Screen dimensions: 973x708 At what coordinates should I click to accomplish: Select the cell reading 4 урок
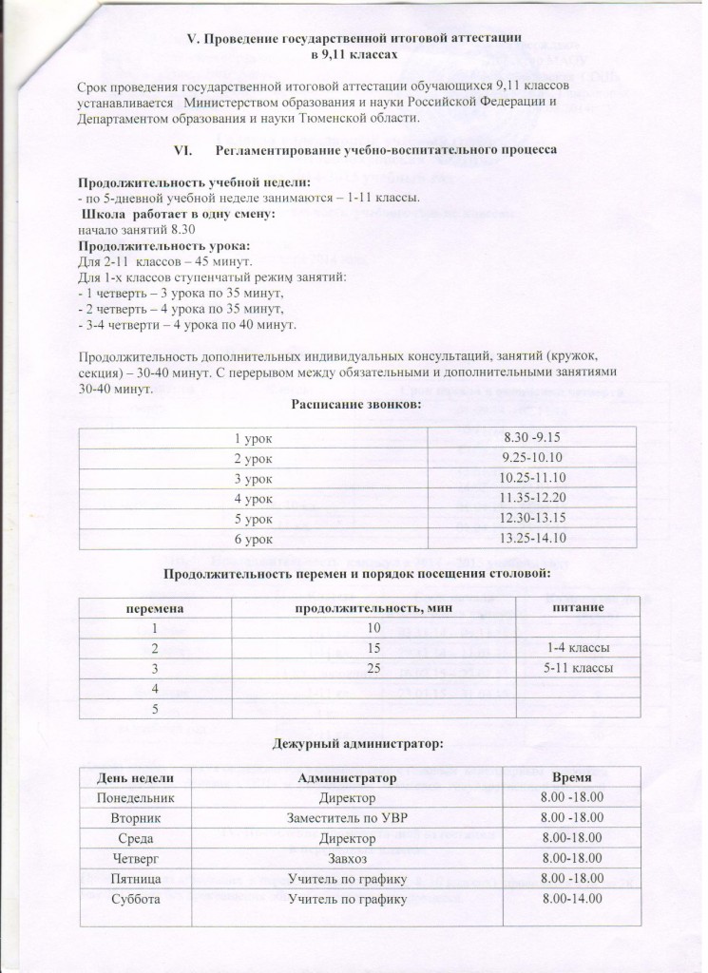pos(253,497)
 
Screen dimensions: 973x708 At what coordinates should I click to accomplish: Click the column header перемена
pos(152,606)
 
